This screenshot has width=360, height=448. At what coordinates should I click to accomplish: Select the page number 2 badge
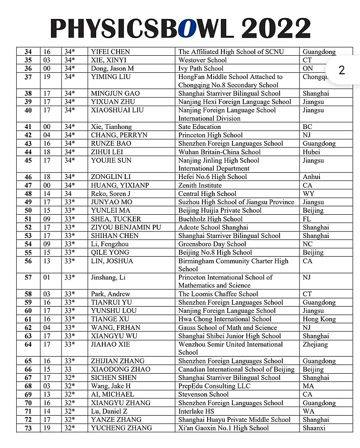click(x=341, y=70)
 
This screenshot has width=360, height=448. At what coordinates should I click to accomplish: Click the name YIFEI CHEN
click(x=110, y=52)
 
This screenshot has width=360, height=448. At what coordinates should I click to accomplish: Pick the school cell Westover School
click(x=202, y=60)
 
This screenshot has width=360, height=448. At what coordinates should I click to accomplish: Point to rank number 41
click(x=28, y=127)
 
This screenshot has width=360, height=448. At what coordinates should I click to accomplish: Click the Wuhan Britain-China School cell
click(x=220, y=152)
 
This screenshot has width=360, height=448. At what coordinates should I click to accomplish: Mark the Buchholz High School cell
click(x=210, y=219)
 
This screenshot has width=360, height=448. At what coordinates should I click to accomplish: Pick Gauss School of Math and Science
click(x=228, y=328)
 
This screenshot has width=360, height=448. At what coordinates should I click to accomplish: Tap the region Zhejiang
click(x=315, y=344)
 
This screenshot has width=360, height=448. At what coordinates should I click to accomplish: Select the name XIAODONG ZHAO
click(x=120, y=369)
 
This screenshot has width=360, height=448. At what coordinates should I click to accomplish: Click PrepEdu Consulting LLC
click(x=214, y=386)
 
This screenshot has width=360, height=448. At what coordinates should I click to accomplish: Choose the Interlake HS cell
click(x=196, y=411)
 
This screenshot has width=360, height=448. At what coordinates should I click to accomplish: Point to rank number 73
click(x=28, y=428)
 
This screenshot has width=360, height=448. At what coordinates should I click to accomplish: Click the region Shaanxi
click(x=314, y=428)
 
